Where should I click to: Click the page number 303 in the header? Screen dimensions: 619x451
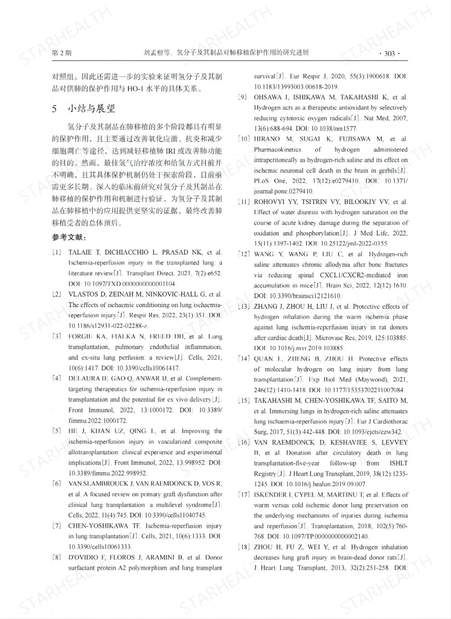(x=389, y=54)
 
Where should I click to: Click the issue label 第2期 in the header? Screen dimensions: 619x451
(x=62, y=53)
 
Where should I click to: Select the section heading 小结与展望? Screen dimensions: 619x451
(x=92, y=108)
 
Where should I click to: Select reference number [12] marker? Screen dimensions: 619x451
(x=244, y=254)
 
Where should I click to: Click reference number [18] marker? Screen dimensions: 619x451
(x=244, y=547)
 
